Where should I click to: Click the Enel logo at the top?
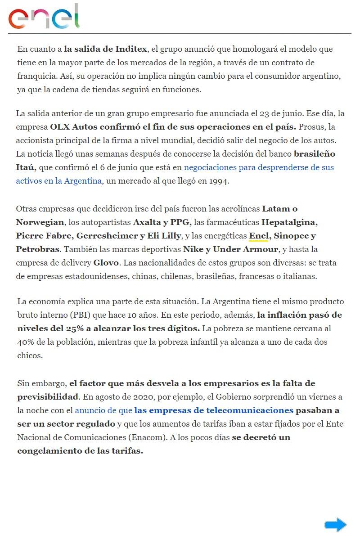pyautogui.click(x=44, y=17)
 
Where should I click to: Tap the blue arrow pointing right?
pyautogui.click(x=335, y=525)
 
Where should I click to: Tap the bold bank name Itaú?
pyautogui.click(x=26, y=167)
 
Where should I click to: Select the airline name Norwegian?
pyautogui.click(x=39, y=222)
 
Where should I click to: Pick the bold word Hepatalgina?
pyautogui.click(x=289, y=222)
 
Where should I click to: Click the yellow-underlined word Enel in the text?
pyautogui.click(x=258, y=235)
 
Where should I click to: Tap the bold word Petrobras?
pyautogui.click(x=37, y=249)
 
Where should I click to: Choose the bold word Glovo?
pyautogui.click(x=106, y=262)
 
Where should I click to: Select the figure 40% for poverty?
pyautogui.click(x=25, y=342)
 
